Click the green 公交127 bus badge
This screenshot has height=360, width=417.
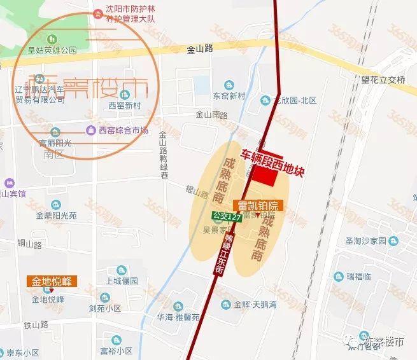click(227, 216)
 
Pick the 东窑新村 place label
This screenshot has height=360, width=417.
click(229, 96)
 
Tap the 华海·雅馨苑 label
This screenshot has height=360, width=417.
click(179, 317)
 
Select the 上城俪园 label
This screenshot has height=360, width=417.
click(122, 281)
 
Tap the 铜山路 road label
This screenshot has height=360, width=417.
click(29, 244)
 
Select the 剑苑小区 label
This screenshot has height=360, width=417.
click(105, 308)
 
